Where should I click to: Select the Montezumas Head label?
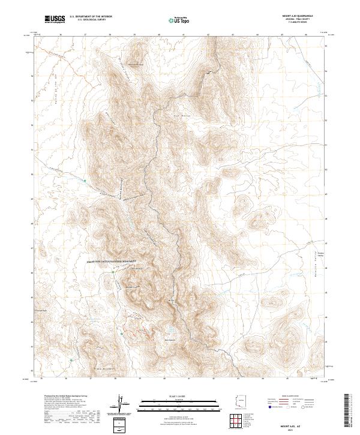[x=137, y=64]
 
